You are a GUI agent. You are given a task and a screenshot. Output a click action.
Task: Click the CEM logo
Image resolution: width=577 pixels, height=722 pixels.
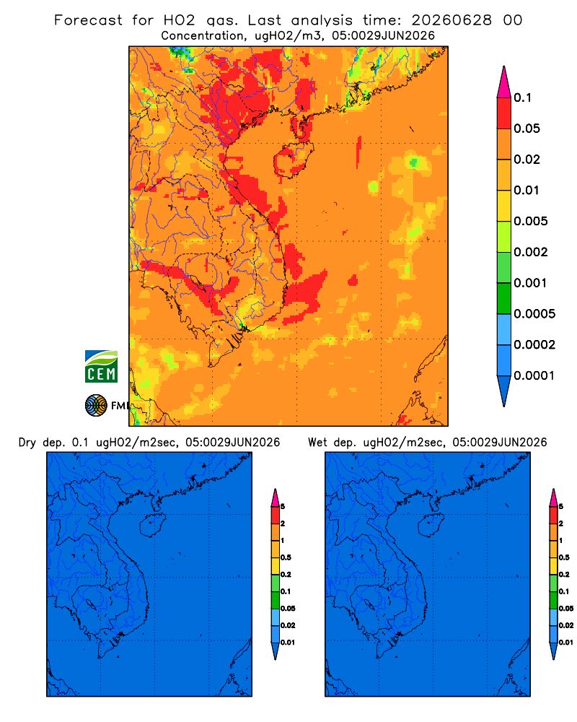point(101,366)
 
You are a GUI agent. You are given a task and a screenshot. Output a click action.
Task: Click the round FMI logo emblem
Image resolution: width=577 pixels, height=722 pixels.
point(96,406)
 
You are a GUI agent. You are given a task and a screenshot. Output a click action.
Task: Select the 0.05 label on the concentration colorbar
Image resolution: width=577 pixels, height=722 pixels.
point(527,129)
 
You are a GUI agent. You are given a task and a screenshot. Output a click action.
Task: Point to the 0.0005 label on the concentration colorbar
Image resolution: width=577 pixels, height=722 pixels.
point(534,314)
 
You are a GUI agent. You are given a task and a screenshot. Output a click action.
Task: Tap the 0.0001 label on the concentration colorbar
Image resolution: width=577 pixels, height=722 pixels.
point(534,375)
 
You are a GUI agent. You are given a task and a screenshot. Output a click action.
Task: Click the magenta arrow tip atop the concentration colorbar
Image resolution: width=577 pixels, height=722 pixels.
point(504,82)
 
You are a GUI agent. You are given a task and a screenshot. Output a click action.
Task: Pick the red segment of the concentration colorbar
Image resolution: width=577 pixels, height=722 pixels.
point(504,113)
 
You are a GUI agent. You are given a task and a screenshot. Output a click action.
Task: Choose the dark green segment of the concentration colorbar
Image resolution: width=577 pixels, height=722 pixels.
point(504,298)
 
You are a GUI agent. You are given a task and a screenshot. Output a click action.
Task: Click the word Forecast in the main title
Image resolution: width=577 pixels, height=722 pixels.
point(88,20)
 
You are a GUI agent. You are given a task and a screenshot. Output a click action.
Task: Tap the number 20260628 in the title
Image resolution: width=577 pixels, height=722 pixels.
point(452,20)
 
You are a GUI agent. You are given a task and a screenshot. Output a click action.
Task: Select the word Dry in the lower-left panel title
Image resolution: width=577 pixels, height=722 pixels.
point(27,443)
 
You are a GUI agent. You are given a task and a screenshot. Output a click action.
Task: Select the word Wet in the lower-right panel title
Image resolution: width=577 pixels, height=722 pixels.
point(317,443)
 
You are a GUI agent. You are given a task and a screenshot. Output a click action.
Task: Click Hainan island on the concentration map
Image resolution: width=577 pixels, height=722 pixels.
point(294,160)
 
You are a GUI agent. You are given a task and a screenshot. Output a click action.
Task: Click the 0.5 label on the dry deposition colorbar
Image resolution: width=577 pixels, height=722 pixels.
point(286,557)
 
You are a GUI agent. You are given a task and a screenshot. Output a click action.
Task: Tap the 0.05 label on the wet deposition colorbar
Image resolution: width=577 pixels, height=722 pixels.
point(566,609)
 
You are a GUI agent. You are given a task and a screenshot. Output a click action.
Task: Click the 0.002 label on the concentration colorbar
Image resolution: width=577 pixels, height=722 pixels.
point(531,252)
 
